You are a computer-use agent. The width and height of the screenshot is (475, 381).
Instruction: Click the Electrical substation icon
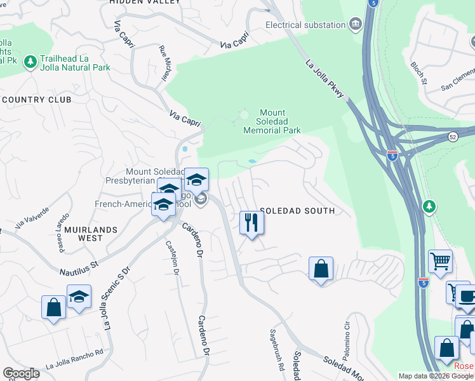355,25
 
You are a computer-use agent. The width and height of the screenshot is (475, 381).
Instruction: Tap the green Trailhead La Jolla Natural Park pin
29,62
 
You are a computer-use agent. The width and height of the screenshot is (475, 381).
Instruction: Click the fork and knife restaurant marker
251,223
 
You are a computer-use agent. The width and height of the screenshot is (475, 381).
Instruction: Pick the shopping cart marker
440,260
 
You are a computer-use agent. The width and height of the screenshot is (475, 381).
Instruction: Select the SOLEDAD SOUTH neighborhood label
297,211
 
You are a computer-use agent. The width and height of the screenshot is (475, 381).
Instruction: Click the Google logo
21,373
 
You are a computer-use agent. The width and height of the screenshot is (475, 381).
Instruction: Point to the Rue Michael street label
165,64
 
